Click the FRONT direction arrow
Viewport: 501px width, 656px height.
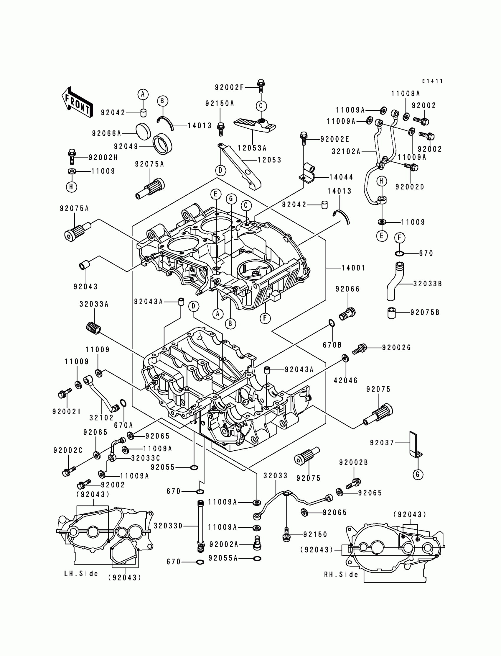(77, 102)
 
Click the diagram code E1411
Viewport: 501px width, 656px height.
(432, 81)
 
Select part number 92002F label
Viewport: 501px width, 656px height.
(229, 87)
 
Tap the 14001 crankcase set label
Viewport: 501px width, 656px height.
(353, 268)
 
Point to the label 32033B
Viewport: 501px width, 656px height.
(427, 284)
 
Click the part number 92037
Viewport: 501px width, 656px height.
(382, 443)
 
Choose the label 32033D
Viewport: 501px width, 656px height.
(168, 526)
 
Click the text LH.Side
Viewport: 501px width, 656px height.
(81, 574)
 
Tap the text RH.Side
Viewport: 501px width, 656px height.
(341, 575)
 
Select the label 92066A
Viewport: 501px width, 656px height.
(106, 133)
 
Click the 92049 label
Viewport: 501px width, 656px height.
(126, 146)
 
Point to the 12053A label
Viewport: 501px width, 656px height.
(252, 148)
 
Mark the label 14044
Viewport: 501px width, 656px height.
(341, 177)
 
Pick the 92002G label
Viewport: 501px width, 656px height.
(396, 348)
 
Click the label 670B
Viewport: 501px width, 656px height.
(332, 345)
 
